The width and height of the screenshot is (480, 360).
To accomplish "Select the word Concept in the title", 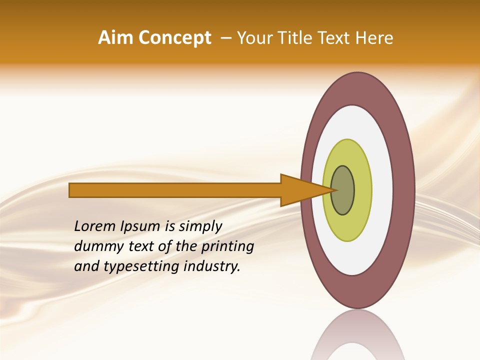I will click(175, 38).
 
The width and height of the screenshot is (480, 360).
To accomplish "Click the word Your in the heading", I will click(253, 38).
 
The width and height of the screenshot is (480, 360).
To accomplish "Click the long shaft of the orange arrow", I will click(175, 190).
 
